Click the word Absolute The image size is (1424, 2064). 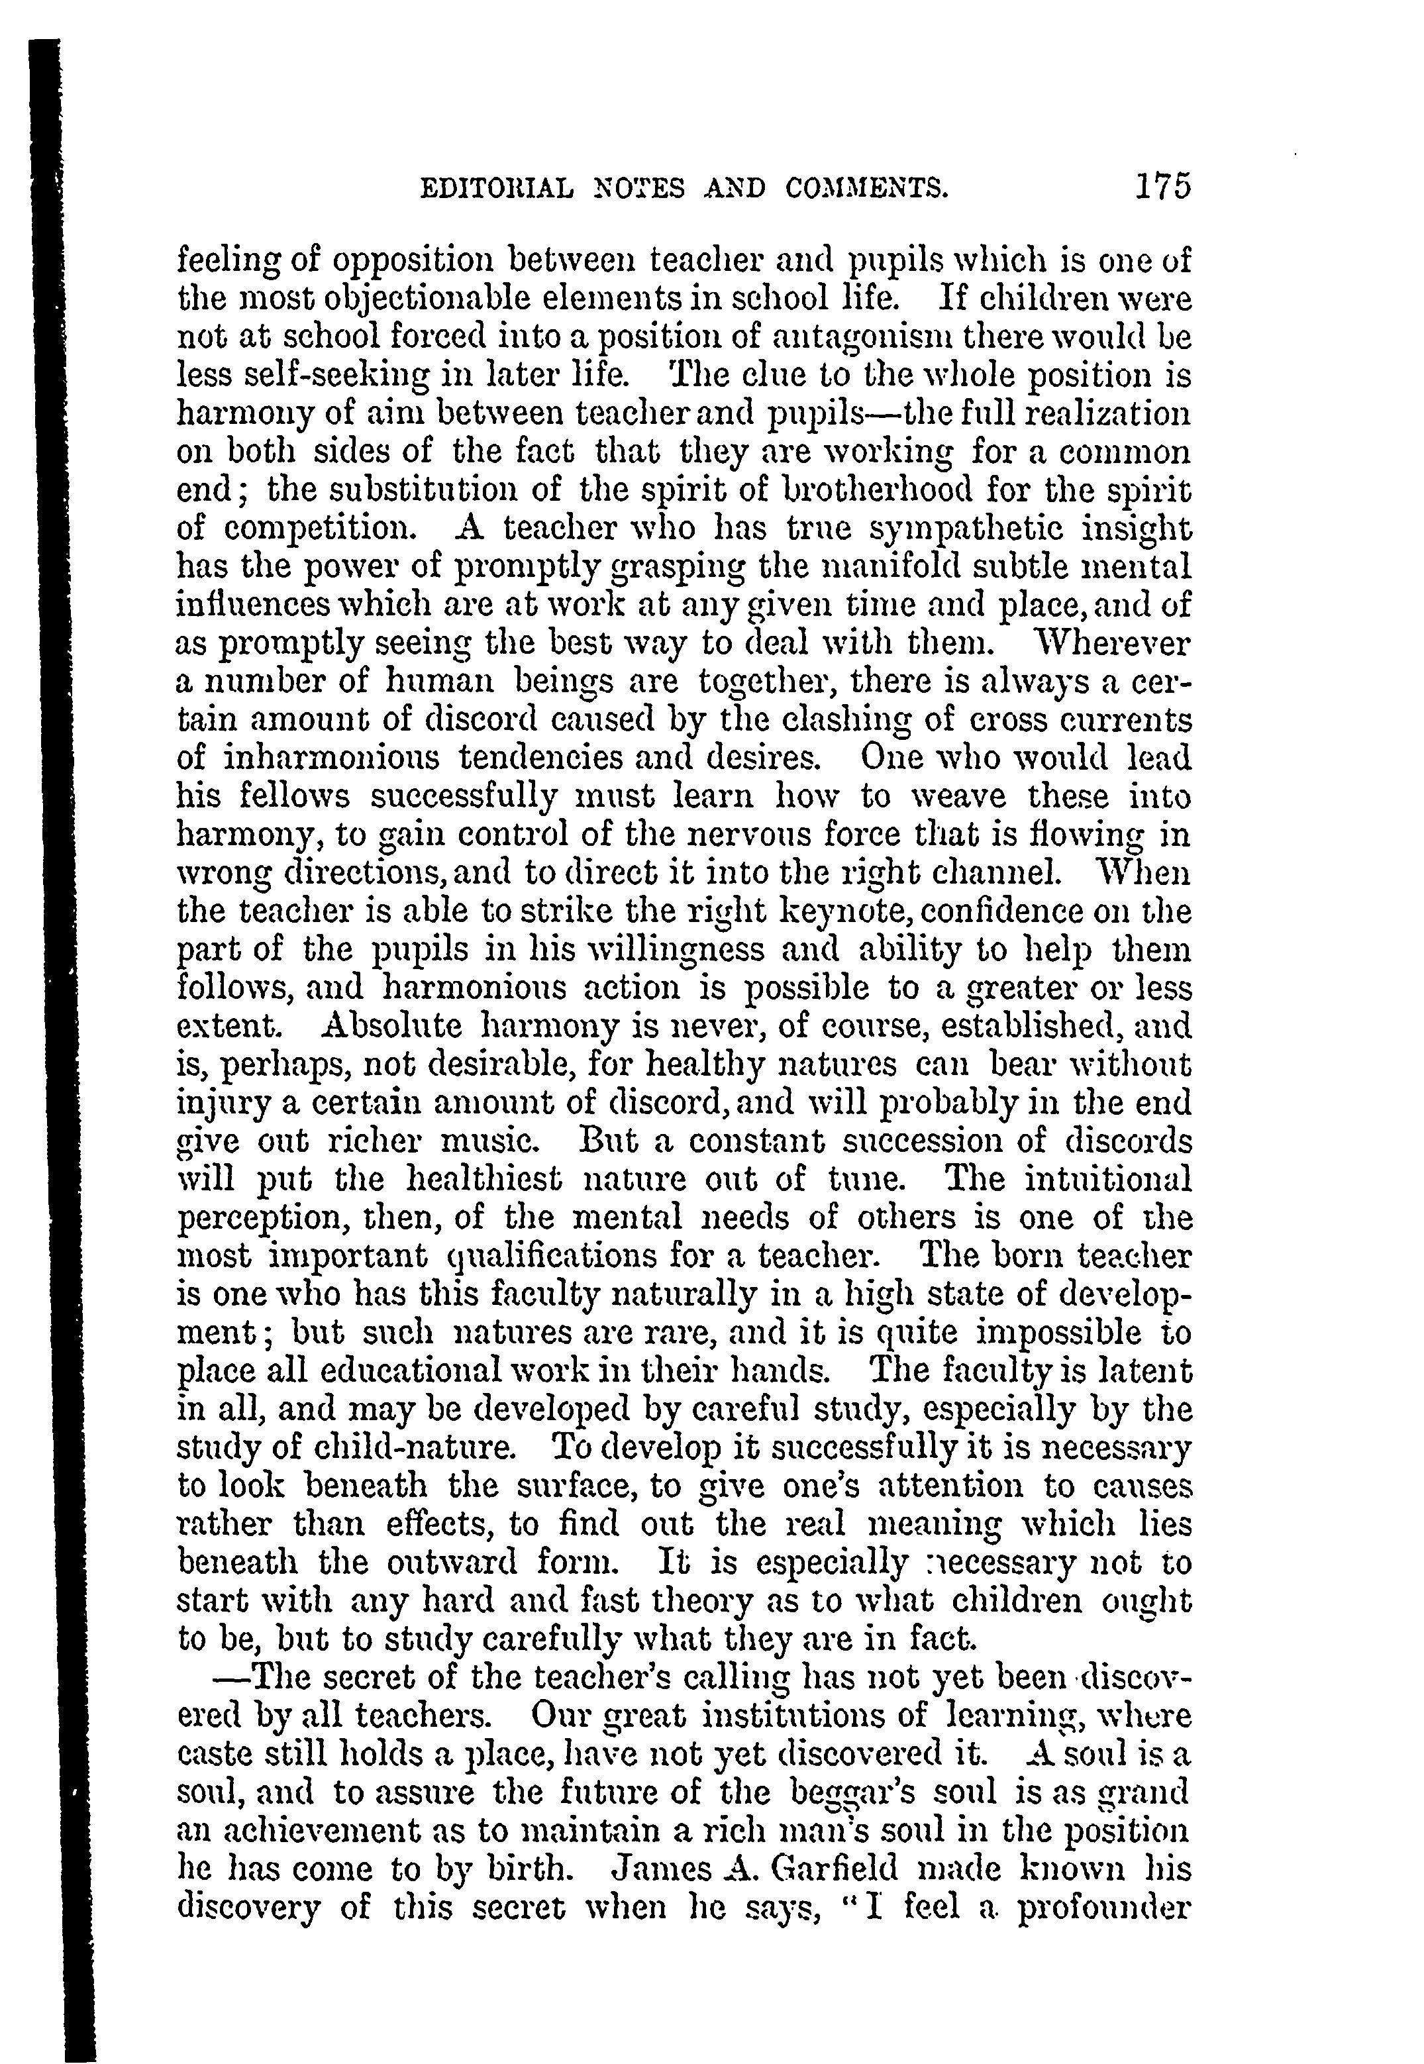click(391, 1026)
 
